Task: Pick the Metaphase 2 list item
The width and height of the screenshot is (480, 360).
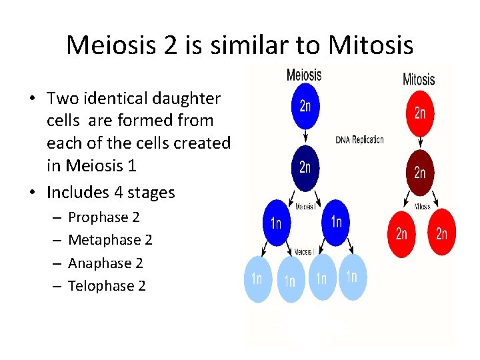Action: tap(110, 240)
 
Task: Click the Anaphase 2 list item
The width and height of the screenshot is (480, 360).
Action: tap(105, 263)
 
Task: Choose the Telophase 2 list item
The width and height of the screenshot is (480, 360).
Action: tap(107, 286)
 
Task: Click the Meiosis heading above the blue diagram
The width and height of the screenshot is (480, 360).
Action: tap(303, 75)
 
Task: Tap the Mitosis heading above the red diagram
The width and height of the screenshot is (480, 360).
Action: tap(419, 79)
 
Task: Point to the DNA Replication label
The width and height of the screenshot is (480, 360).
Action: tap(360, 140)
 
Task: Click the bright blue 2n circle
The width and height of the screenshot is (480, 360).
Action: tap(305, 107)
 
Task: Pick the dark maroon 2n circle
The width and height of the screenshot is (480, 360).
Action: tap(420, 171)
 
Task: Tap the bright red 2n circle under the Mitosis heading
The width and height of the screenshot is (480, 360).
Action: tap(420, 113)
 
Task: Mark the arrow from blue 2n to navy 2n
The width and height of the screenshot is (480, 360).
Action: tap(305, 136)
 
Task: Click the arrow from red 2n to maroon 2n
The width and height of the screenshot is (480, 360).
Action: tap(420, 141)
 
